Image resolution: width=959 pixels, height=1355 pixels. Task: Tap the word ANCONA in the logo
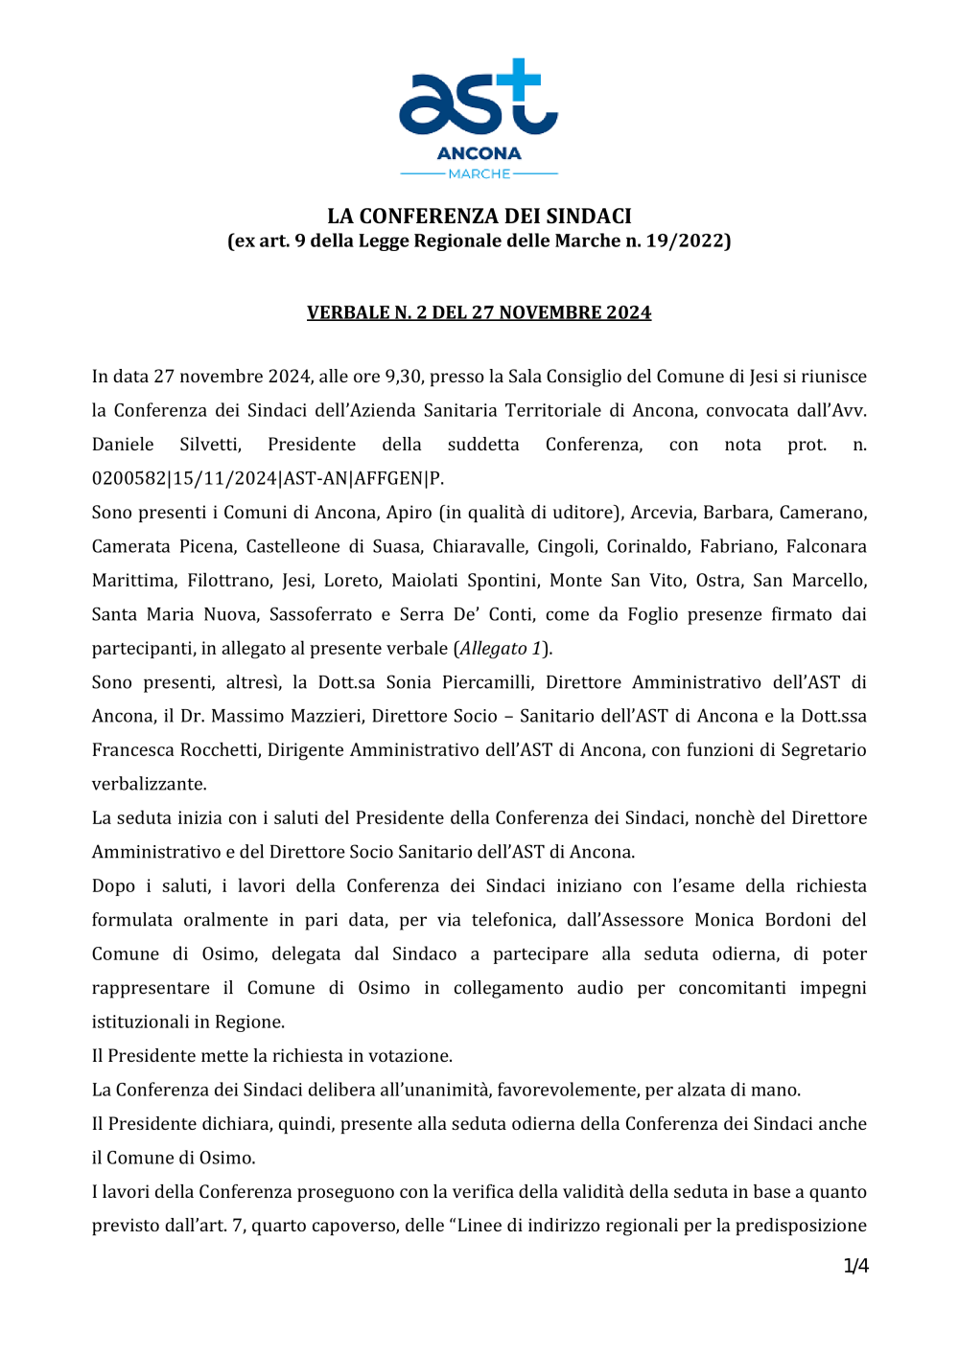pos(479,153)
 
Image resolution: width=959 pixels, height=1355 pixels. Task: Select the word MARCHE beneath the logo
pos(479,173)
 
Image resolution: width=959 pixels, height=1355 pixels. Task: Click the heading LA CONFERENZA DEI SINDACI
pos(479,216)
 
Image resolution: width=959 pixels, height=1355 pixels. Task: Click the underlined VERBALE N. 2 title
pos(479,312)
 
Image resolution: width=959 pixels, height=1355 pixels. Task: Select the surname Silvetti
pos(210,445)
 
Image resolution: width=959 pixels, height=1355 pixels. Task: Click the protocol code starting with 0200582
pos(268,478)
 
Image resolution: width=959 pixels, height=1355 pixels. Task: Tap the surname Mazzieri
pos(326,716)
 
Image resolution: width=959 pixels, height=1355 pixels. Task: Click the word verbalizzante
pos(149,784)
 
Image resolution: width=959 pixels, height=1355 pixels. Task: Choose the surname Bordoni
pos(798,920)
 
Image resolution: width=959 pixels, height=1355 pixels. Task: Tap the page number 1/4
pos(855,1266)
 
